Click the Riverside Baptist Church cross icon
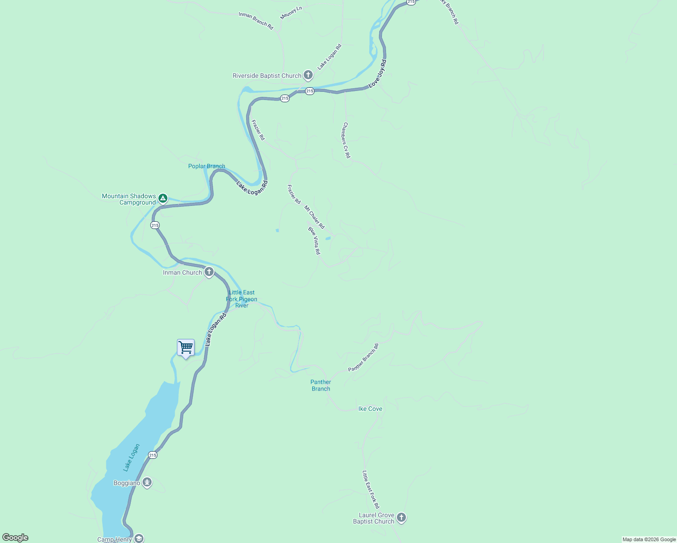coord(308,75)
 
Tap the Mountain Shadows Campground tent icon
coord(163,199)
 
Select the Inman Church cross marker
coord(209,272)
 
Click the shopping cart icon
coord(186,348)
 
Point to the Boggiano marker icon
coord(147,483)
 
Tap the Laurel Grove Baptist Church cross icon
coord(401,518)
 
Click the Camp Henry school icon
coord(139,538)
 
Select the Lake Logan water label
coord(131,458)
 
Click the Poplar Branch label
coord(206,166)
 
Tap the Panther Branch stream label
coord(320,386)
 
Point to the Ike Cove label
coord(370,409)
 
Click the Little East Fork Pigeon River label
coord(242,299)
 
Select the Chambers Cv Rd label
coord(346,140)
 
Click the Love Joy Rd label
coord(377,73)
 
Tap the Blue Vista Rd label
coord(314,241)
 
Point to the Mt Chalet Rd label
coord(314,217)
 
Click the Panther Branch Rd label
coord(363,358)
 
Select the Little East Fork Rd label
coord(371,490)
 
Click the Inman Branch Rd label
coord(256,21)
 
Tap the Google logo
coord(15,538)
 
